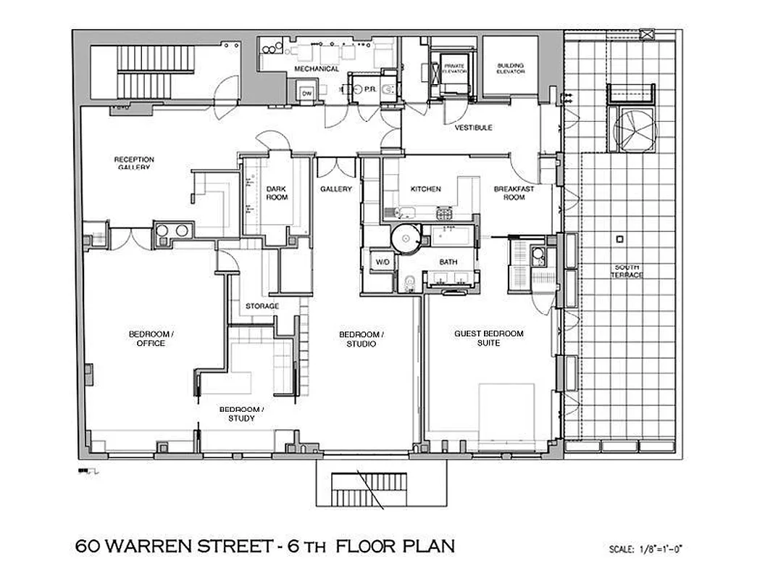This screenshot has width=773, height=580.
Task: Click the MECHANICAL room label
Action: (316, 69)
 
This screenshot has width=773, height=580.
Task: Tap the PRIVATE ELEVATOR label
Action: (454, 69)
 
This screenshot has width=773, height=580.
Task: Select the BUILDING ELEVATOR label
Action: (510, 69)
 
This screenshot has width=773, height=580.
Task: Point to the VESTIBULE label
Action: (473, 128)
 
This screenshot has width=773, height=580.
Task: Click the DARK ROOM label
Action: (277, 193)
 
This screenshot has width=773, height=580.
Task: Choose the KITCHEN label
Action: (425, 189)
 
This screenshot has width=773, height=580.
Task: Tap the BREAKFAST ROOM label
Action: (514, 193)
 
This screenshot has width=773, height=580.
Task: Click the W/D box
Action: (381, 262)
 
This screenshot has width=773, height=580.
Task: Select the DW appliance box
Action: (306, 94)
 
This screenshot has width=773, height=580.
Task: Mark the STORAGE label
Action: (262, 306)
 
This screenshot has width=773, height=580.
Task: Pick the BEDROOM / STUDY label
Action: (241, 413)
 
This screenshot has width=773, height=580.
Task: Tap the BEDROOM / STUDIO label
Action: (361, 339)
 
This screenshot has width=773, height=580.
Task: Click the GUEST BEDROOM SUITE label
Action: (488, 338)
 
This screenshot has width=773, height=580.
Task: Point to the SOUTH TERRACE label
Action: (626, 271)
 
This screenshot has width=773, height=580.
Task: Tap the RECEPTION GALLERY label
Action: (134, 163)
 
